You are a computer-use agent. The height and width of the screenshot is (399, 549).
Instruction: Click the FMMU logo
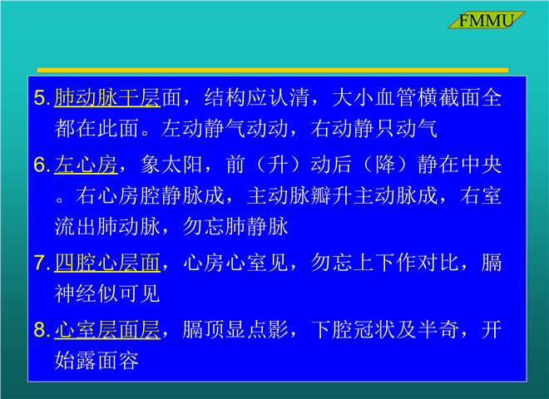487,20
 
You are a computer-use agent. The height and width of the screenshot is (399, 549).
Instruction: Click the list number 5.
42,97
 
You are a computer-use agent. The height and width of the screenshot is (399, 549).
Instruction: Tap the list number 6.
42,165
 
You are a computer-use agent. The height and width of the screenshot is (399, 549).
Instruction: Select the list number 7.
42,263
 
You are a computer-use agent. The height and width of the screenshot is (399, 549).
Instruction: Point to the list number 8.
42,330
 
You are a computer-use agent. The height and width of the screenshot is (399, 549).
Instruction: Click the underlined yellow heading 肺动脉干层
107,97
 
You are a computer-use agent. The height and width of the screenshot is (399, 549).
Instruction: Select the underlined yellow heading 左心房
86,165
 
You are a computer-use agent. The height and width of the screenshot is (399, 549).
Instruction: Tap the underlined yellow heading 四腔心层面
107,263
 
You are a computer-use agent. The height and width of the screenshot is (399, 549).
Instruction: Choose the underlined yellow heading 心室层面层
107,330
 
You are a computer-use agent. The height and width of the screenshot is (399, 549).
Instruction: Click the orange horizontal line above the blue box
273,70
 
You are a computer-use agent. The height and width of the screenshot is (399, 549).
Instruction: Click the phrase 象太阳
171,165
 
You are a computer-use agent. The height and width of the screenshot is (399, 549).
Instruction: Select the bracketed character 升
278,165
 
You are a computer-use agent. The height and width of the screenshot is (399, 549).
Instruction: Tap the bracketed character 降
385,165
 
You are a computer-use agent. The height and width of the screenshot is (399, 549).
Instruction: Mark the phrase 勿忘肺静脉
235,226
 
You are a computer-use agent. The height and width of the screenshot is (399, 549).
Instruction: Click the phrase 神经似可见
107,293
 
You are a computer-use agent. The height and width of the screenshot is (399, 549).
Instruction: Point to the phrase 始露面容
96,361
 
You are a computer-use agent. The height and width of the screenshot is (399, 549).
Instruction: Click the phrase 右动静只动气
374,129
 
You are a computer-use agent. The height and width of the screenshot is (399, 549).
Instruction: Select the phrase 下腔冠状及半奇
385,330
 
